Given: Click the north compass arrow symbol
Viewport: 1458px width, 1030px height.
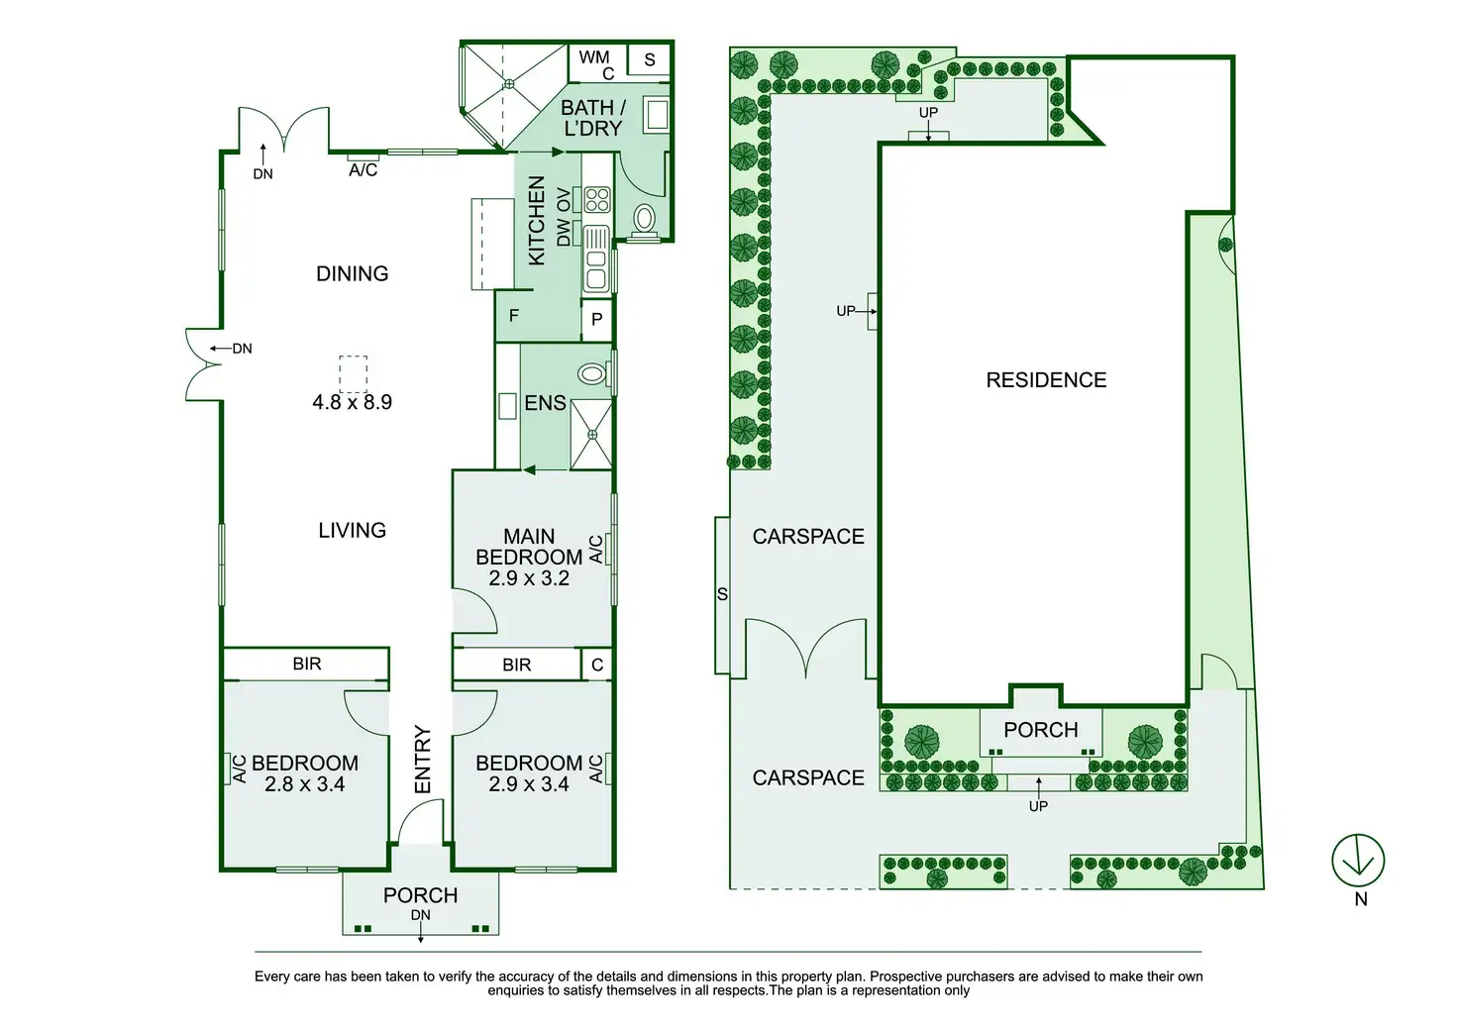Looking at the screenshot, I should [1357, 860].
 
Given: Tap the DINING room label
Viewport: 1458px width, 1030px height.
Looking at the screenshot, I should [352, 273].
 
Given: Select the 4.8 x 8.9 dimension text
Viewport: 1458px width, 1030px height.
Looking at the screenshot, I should [352, 402].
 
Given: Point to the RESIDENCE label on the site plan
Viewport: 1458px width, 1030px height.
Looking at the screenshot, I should [1046, 380].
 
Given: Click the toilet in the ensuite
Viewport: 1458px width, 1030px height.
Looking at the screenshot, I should [592, 374].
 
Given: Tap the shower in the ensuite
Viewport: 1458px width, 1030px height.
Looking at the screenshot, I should [591, 434].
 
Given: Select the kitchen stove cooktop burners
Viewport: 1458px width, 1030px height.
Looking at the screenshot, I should [596, 200].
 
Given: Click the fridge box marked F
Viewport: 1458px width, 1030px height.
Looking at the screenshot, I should [514, 316].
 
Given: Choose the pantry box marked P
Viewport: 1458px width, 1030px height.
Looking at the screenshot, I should [596, 319].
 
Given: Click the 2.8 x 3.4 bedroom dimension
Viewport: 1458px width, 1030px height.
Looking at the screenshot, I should [304, 784].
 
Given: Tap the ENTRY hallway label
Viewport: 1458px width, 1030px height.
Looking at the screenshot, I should [423, 759].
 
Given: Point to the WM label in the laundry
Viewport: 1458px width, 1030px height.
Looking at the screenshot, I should [593, 57].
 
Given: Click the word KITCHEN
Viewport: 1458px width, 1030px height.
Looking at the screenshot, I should [537, 220].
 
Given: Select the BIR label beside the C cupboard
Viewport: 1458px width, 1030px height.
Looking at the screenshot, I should [516, 665].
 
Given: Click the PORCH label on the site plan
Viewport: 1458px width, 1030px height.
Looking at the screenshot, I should [1040, 730].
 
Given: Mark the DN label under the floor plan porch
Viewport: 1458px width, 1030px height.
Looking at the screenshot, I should [420, 915].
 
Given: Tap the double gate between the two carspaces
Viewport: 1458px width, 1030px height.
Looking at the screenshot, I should [806, 649].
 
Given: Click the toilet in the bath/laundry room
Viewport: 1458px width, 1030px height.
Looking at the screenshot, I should [645, 218].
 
